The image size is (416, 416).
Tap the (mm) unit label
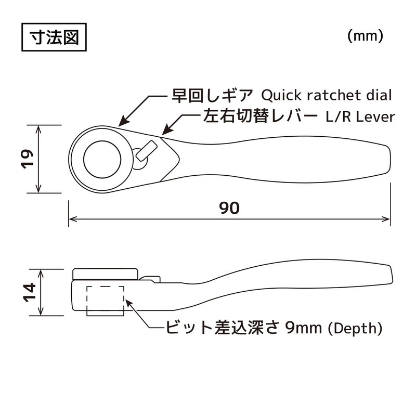365,36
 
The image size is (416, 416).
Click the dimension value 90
229,208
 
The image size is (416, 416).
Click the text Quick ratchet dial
326,96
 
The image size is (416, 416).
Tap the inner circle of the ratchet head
102,158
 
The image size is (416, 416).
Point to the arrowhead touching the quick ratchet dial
122,122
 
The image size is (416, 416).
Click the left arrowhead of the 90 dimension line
73,219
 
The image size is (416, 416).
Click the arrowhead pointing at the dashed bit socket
127,300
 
